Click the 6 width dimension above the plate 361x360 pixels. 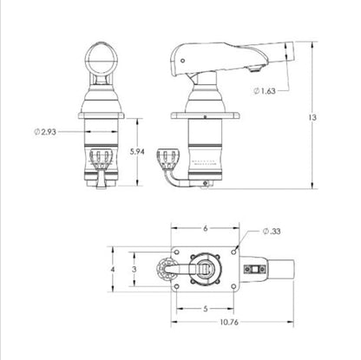[204, 229]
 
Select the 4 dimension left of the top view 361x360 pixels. [113, 270]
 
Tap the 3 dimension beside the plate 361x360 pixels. [134, 270]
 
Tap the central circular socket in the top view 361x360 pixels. [204, 270]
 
